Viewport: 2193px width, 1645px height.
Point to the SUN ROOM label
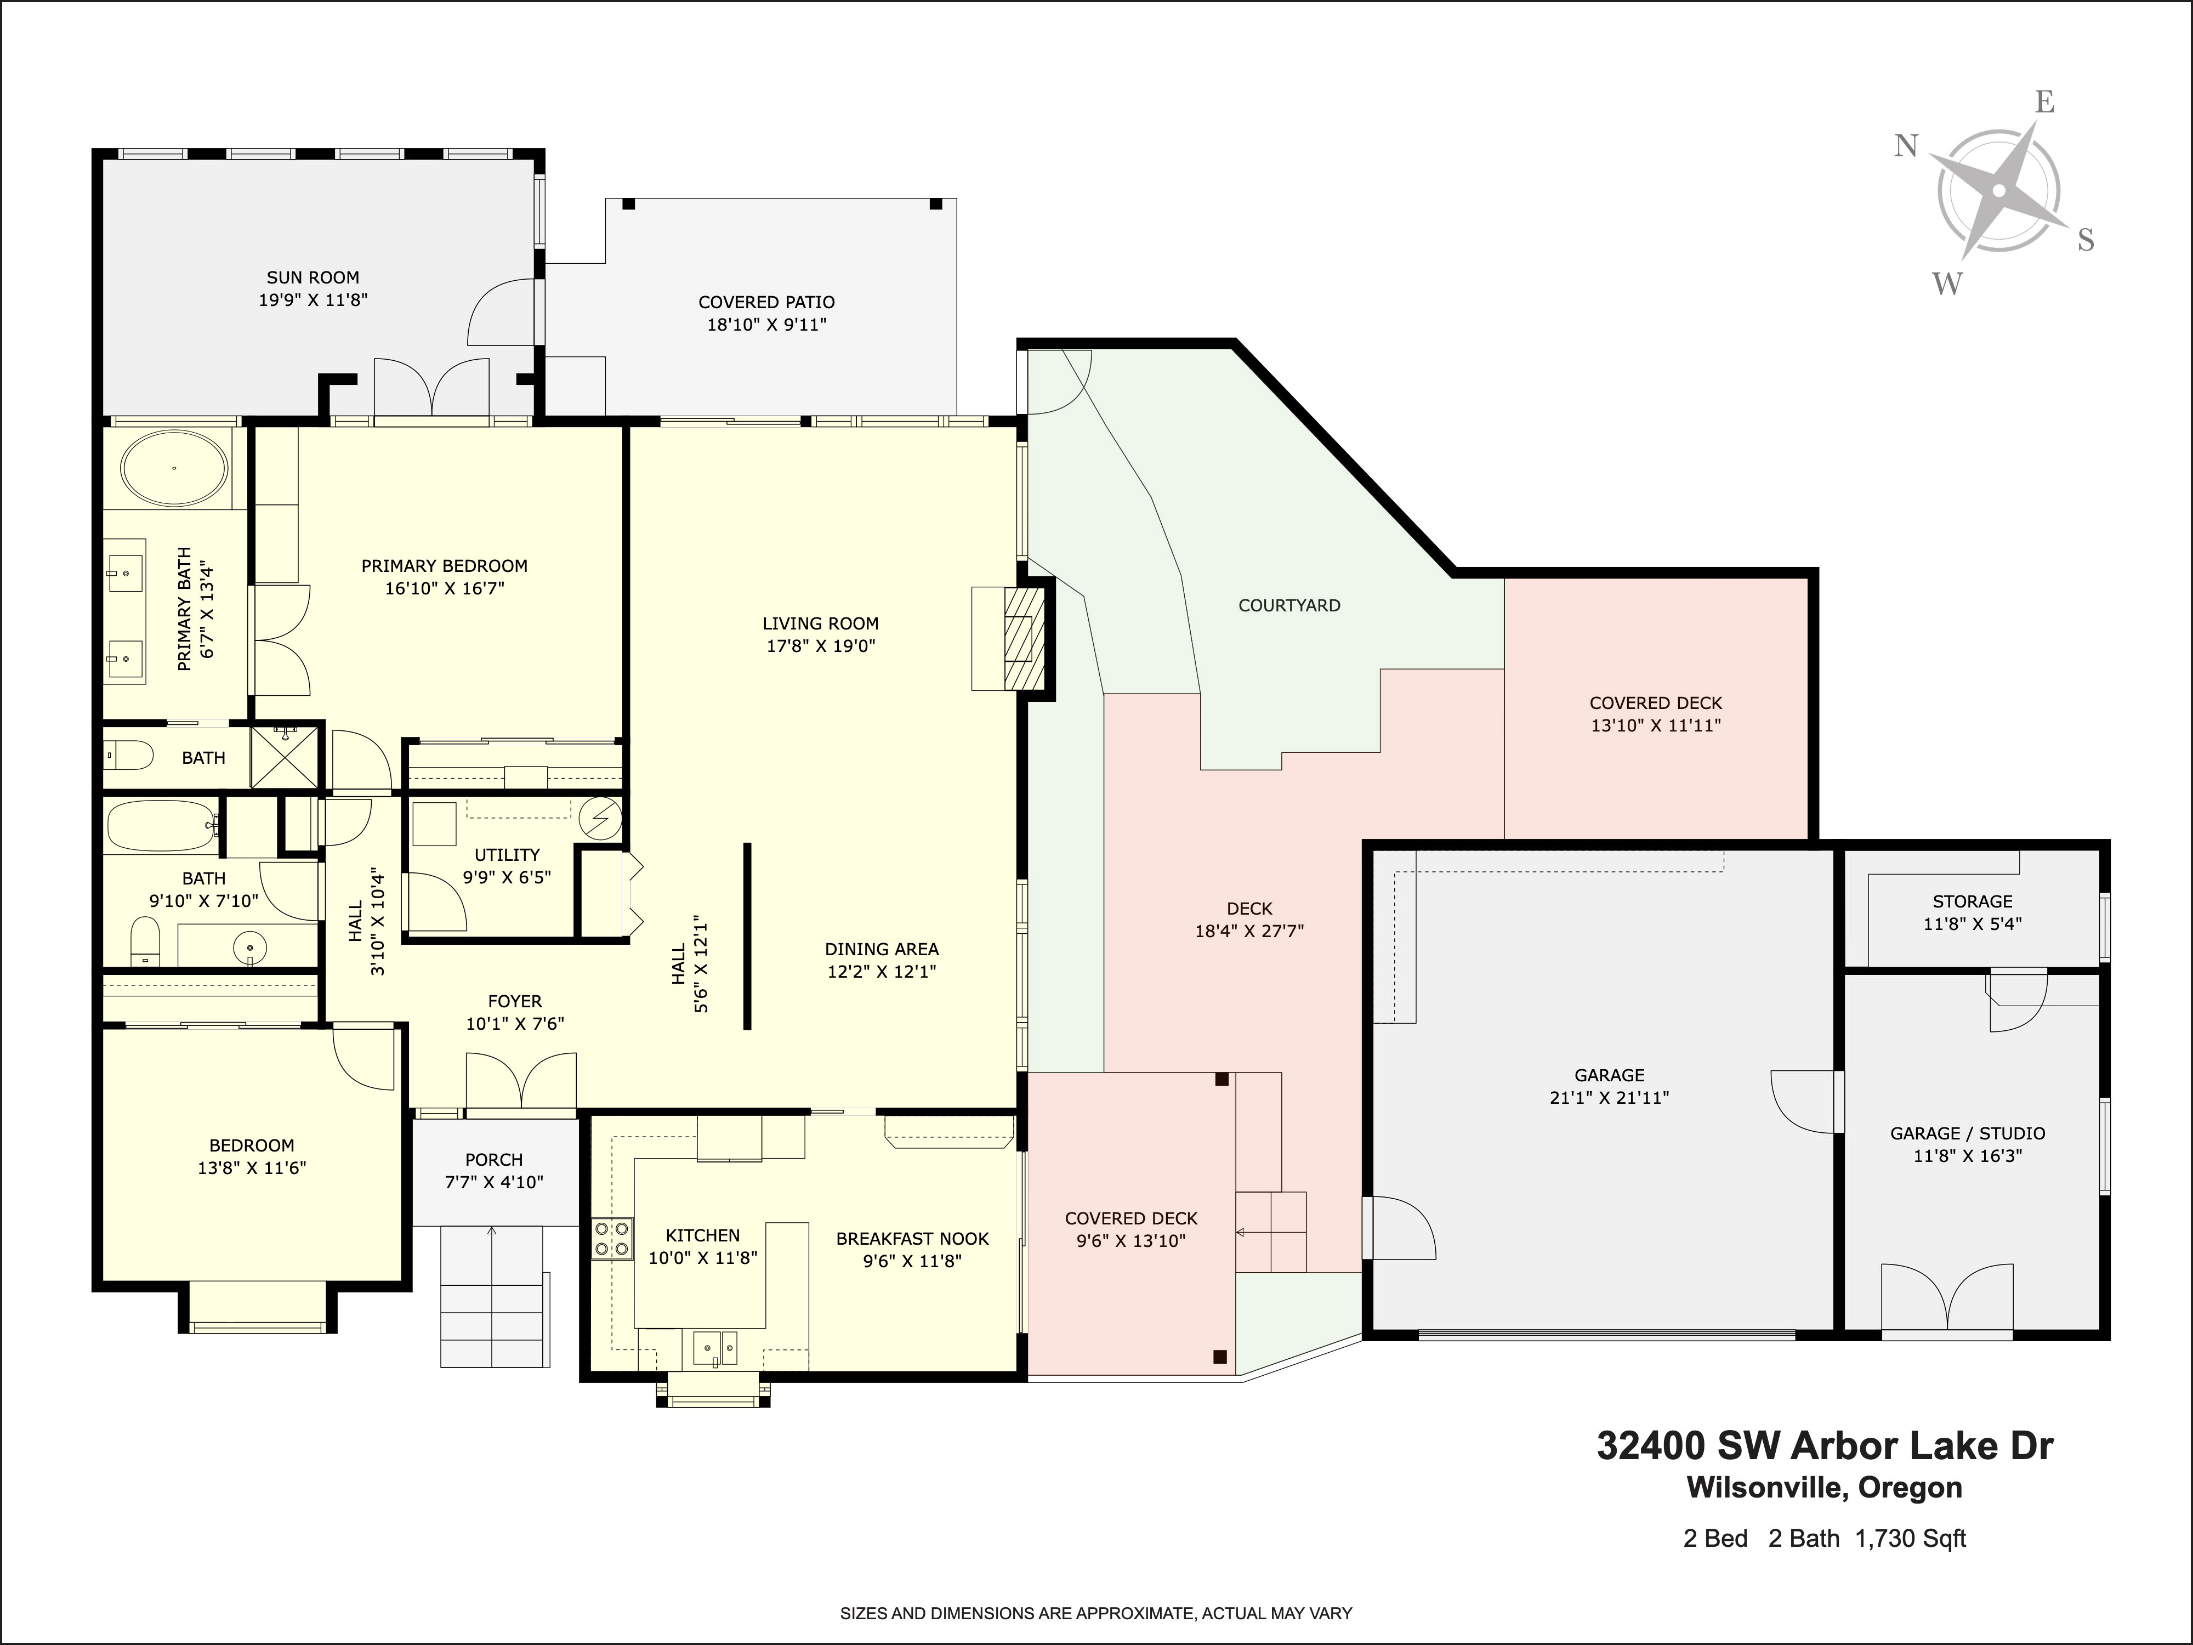(313, 277)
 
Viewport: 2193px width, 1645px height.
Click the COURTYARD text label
(1289, 605)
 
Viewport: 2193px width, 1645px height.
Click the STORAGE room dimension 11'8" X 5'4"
(1972, 923)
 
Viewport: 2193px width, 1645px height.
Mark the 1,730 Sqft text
(1911, 1539)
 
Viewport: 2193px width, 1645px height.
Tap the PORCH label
(494, 1159)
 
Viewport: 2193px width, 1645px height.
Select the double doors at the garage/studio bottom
(1947, 1299)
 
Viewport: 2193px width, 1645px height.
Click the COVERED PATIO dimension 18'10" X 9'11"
(766, 324)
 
